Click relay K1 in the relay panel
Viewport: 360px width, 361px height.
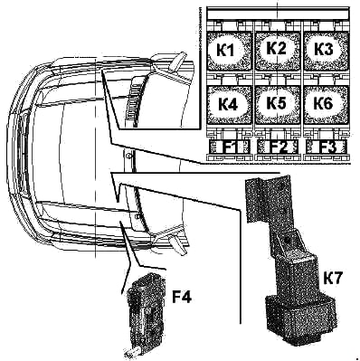229,51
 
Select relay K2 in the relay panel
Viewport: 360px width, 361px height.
278,50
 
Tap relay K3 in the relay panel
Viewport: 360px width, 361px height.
326,51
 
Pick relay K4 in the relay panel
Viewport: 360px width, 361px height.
229,104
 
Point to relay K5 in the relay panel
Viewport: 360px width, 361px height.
278,104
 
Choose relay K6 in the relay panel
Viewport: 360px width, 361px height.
326,104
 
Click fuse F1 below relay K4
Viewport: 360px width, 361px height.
230,147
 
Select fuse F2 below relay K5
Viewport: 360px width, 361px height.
278,147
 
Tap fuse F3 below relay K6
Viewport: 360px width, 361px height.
327,147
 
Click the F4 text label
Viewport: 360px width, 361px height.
182,297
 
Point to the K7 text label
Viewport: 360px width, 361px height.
333,278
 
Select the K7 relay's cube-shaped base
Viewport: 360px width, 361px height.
300,319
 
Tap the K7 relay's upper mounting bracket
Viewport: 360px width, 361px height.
269,199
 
